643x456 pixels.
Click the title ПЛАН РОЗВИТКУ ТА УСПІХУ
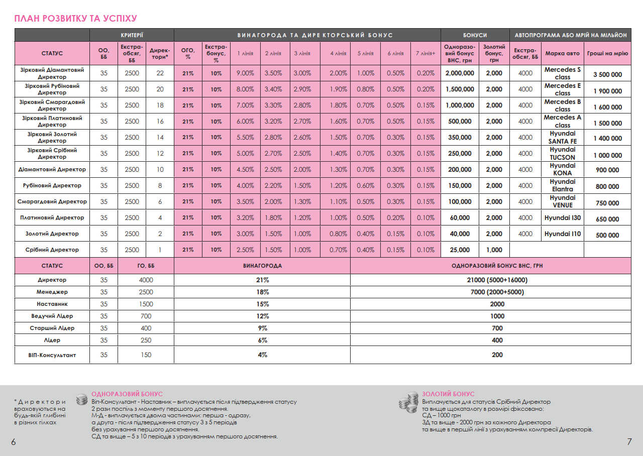75,19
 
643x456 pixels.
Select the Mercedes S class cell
562,73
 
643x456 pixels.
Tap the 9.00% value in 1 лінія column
245,73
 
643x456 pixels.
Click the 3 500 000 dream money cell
607,75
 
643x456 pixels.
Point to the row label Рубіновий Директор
52,185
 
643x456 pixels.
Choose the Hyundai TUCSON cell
562,154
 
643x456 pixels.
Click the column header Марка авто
562,53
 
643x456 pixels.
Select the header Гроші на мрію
607,53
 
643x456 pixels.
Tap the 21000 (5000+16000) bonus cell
490,280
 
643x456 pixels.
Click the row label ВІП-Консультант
52,355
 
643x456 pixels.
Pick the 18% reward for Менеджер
262,292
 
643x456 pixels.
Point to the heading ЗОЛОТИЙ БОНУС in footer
448,394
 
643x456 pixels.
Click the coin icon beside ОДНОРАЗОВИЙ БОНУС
81,400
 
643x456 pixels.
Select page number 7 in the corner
629,442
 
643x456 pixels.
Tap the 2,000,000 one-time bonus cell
460,73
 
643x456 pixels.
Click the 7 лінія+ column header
425,53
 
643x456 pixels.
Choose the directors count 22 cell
160,73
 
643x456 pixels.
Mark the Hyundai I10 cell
562,234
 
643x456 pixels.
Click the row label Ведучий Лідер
52,316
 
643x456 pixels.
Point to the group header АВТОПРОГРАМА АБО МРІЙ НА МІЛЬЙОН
570,35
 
